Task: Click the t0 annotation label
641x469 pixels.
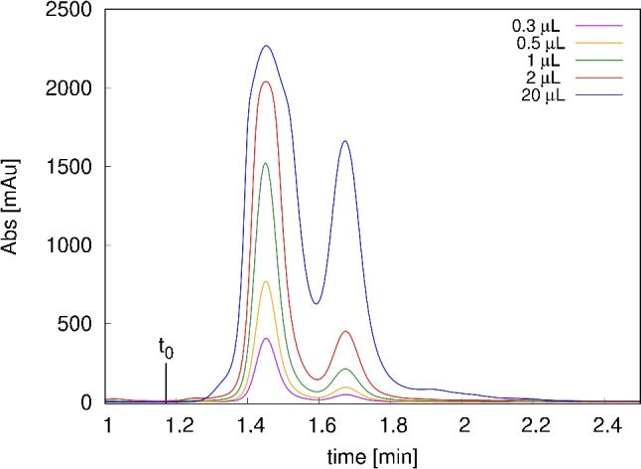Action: (x=166, y=348)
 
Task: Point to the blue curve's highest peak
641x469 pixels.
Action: (x=266, y=46)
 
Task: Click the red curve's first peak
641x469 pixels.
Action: (x=266, y=81)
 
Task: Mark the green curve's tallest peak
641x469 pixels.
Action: (x=265, y=163)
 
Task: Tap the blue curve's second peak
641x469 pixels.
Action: (x=345, y=141)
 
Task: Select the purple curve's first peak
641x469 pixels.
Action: (x=266, y=339)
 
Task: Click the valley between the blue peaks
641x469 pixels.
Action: (x=316, y=304)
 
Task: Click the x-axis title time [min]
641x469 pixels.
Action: (x=374, y=455)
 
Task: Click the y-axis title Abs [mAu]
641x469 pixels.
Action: (x=12, y=207)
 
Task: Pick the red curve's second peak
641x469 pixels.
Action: (x=346, y=331)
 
